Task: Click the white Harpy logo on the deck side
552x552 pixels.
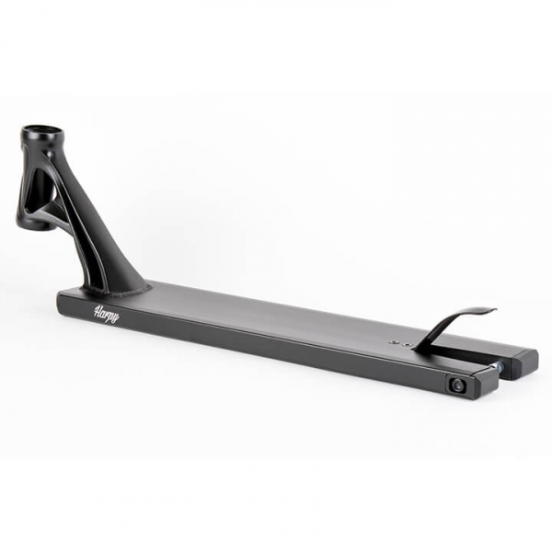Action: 107,314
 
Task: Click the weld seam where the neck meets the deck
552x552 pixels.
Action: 116,290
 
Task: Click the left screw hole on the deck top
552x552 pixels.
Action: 395,341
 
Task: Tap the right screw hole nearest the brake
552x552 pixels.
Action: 408,343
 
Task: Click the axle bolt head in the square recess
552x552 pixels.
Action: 456,385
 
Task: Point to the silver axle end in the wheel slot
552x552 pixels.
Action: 500,367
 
